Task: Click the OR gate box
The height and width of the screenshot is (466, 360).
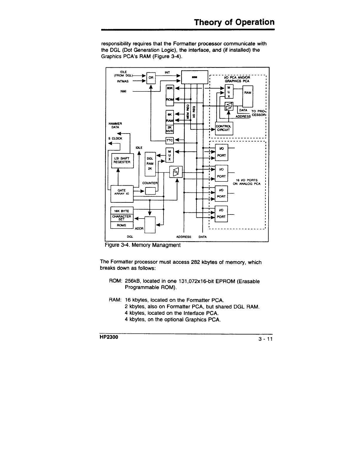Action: click(151, 78)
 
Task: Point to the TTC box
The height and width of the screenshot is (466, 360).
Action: click(170, 140)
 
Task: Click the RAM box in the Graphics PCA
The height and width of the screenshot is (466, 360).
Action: click(248, 93)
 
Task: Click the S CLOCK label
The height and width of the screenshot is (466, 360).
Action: click(115, 138)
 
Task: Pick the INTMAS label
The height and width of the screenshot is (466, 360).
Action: click(123, 81)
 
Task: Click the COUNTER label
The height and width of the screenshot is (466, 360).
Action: click(150, 183)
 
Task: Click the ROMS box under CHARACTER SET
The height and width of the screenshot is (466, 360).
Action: click(121, 225)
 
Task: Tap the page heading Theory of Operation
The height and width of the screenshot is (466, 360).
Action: click(234, 22)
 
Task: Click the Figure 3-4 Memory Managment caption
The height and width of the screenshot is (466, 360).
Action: click(142, 245)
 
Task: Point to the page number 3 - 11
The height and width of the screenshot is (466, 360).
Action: click(266, 339)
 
